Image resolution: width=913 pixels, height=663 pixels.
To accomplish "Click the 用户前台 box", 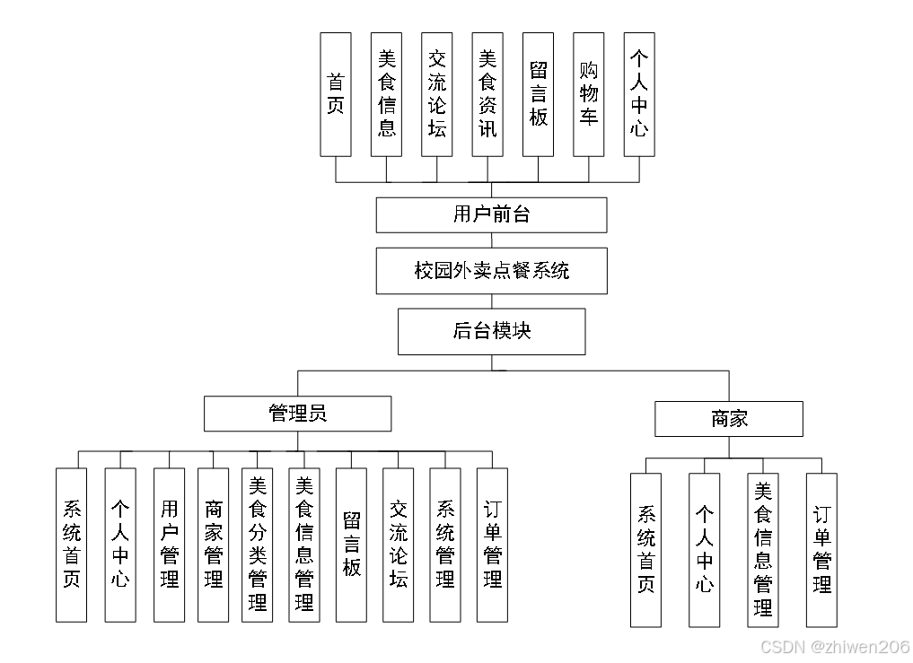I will point(491,215).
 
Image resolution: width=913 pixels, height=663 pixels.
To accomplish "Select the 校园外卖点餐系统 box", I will point(491,271).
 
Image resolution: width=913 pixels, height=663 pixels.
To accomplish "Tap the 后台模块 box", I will point(491,331).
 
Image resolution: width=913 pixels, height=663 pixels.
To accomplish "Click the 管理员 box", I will point(297,414).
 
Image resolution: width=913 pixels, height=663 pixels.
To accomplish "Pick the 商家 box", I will point(728,419).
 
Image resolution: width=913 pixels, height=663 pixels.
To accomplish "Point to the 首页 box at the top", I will point(336,94).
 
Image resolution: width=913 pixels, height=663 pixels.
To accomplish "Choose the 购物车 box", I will point(589,94).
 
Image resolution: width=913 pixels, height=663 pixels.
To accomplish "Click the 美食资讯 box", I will point(487,94).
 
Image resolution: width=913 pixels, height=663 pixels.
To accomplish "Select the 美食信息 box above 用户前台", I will point(387,94).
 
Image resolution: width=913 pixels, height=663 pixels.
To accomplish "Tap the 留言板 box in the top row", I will point(539,94).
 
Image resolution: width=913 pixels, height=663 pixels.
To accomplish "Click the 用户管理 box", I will point(169,545).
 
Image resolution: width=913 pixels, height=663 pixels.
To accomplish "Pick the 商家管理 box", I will point(213,545).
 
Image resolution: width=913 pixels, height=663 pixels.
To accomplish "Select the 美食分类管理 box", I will point(258,545).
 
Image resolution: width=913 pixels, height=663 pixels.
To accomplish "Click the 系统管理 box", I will point(445,545).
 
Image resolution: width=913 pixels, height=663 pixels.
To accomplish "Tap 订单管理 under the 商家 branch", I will point(821,550).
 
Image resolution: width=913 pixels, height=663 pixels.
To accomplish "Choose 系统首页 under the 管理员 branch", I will point(71,545).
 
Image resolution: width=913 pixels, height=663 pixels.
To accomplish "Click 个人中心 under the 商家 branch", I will point(705,550).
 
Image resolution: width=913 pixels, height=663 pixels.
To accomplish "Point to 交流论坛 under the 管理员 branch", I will point(399,545).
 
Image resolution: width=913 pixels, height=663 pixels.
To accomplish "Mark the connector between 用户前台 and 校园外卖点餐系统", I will point(492,240).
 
